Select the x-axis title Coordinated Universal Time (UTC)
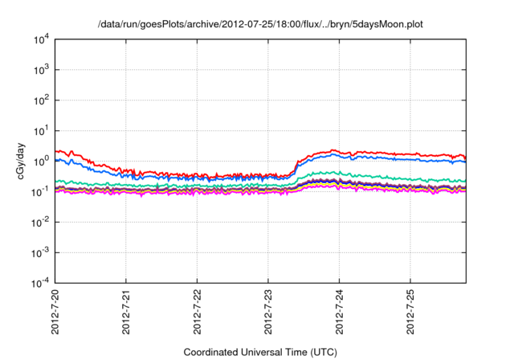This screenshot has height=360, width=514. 260,352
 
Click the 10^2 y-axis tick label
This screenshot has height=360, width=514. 41,100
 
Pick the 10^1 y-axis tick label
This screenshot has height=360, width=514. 41,131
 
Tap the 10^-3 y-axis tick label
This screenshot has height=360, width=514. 40,252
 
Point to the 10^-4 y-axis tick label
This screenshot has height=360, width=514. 40,283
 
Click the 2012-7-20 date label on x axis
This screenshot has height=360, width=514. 55,313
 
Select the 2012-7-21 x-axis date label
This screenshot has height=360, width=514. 127,313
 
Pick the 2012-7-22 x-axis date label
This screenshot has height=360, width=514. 198,313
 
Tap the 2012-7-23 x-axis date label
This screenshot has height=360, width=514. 268,313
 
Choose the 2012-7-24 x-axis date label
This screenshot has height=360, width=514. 340,313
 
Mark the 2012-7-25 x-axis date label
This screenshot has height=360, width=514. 410,313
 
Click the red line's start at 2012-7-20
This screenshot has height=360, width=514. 56,150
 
